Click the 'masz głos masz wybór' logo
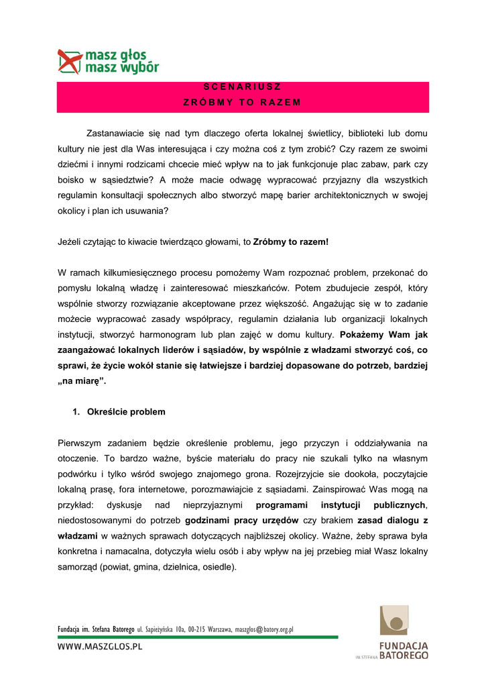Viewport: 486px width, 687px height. coord(108,61)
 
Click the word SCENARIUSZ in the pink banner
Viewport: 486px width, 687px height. coord(243,87)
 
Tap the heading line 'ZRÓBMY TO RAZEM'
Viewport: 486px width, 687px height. coord(243,103)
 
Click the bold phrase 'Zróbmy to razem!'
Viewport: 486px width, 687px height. coord(291,242)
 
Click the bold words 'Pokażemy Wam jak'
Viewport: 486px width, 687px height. coord(384,335)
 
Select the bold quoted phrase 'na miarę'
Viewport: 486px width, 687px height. coord(82,381)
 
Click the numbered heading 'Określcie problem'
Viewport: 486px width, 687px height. coord(126,412)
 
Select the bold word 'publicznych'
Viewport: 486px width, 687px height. coord(400,505)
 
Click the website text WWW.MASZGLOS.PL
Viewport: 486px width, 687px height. coord(100,647)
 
